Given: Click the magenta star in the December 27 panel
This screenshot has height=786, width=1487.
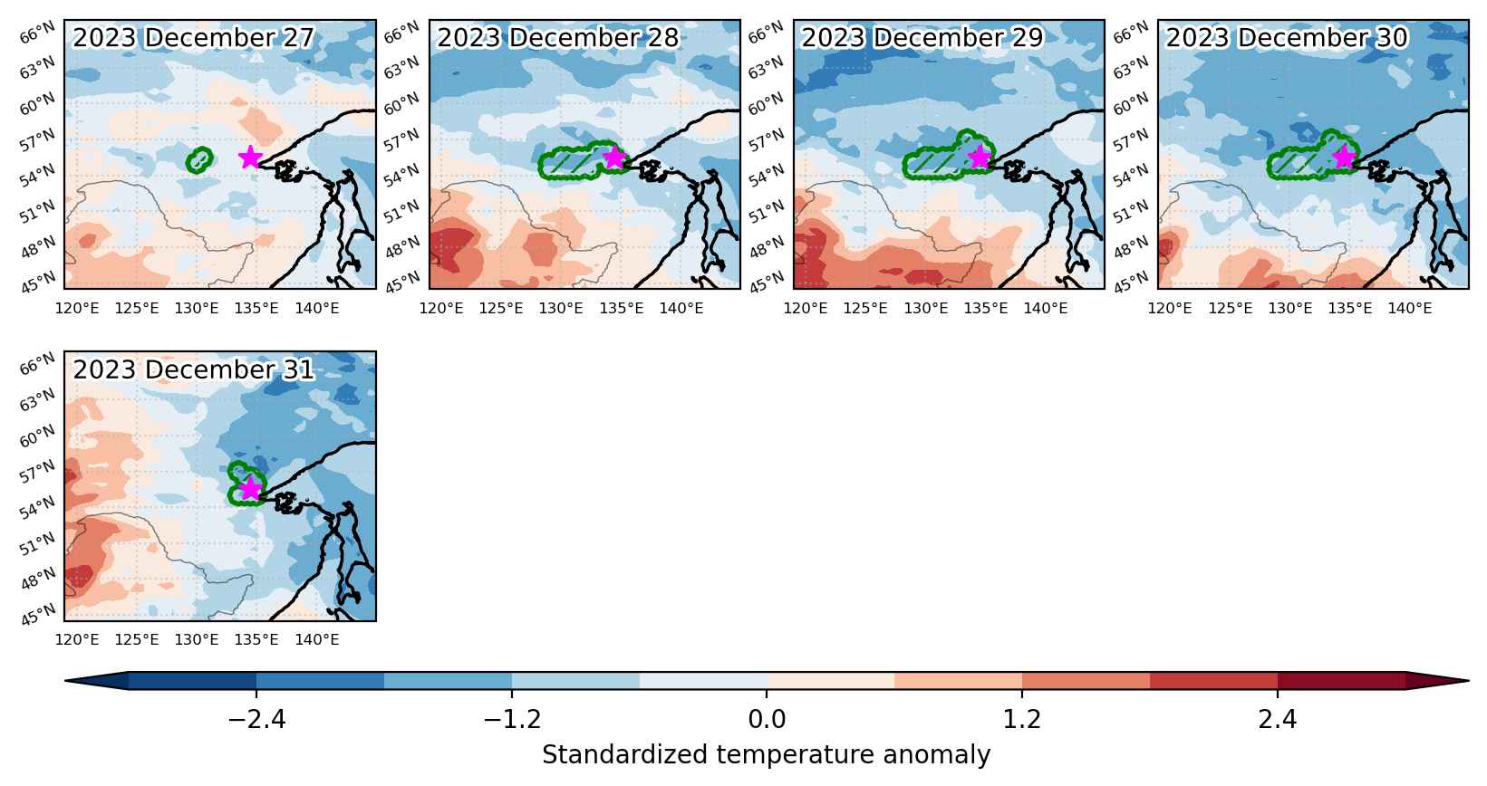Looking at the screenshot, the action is click(x=249, y=158).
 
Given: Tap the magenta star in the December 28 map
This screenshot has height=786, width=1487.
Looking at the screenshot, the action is click(x=614, y=158).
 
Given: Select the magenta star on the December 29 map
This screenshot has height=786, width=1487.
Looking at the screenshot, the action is click(x=980, y=158).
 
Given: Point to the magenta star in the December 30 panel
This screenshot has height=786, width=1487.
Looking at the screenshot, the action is click(x=1344, y=158).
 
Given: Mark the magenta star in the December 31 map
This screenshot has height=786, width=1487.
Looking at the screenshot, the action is click(x=249, y=489).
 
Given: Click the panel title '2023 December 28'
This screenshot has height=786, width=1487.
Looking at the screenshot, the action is click(x=557, y=38).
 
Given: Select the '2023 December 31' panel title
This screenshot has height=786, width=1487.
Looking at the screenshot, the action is click(x=193, y=369).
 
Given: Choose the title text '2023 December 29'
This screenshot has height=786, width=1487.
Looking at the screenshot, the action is click(x=922, y=38).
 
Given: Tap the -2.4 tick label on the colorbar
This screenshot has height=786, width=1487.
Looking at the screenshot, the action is click(x=256, y=719).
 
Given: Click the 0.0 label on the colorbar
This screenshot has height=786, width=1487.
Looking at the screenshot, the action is click(x=767, y=719).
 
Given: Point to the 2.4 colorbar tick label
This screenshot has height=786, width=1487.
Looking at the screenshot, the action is click(x=1278, y=719).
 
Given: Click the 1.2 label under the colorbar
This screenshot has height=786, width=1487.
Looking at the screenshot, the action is click(x=1021, y=719).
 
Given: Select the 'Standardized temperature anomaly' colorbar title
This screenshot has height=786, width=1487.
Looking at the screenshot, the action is click(x=766, y=755).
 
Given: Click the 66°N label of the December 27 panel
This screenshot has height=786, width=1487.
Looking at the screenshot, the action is click(x=37, y=32).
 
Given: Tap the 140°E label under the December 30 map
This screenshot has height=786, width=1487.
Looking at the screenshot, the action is click(x=1410, y=309).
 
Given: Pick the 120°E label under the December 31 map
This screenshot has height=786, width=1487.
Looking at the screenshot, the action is click(x=77, y=640).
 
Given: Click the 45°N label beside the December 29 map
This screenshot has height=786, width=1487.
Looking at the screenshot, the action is click(x=767, y=283).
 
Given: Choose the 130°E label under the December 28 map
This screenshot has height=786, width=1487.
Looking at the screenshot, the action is click(x=561, y=309).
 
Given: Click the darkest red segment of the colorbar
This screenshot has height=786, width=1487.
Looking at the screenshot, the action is click(x=1342, y=681).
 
